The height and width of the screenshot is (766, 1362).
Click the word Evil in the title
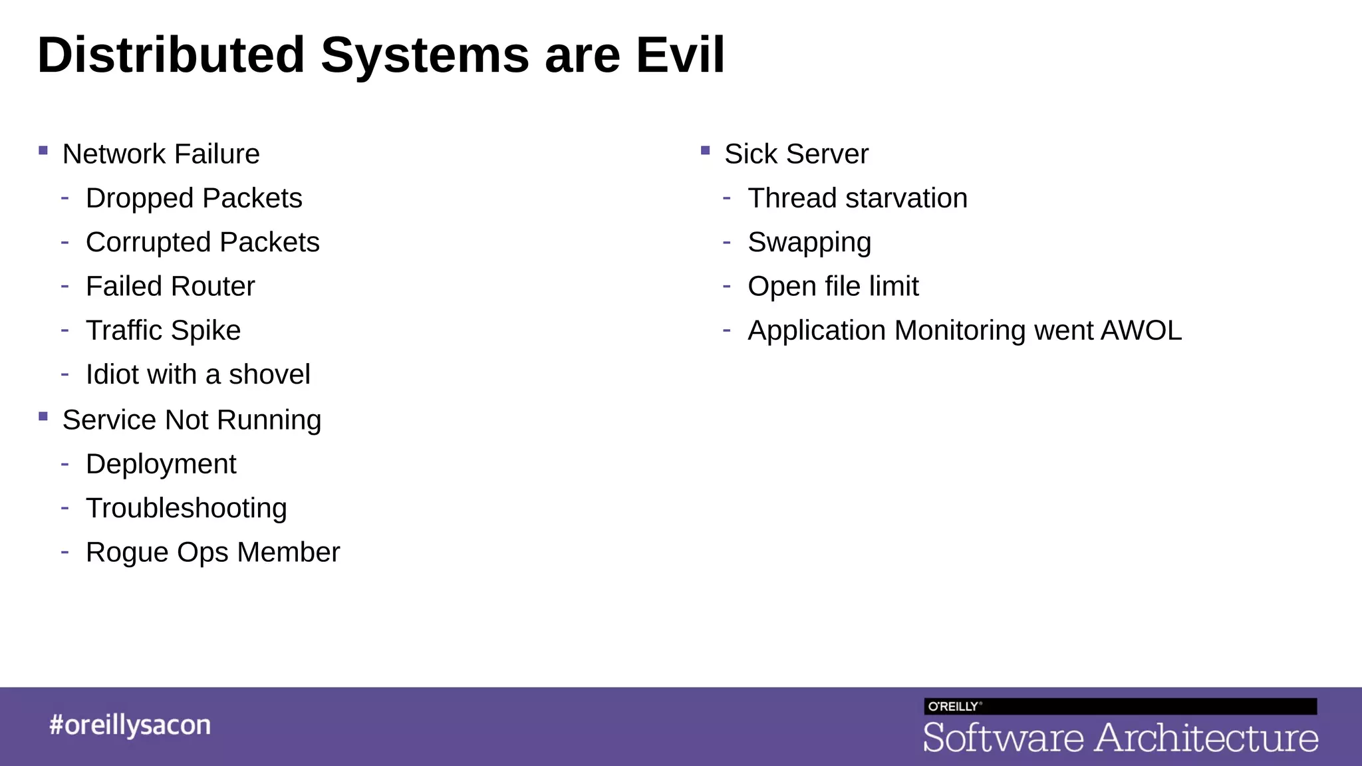680,55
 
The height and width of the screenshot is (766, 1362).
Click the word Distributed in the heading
171,55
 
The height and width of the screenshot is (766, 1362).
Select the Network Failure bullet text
161,154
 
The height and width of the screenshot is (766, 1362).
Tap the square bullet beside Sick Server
706,151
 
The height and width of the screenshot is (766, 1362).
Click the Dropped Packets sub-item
194,198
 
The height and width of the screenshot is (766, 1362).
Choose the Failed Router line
170,287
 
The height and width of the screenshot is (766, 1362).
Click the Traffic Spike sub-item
163,330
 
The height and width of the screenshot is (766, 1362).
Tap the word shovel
269,374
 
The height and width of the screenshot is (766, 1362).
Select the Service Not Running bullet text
192,420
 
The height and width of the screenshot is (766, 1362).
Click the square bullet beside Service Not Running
43,417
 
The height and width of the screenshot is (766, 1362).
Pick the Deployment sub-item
161,464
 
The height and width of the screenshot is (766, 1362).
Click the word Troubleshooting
186,509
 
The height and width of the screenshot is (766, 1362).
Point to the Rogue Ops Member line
213,553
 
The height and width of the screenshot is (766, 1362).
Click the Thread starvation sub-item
857,198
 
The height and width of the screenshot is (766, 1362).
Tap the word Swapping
809,243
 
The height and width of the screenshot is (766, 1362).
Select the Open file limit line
833,287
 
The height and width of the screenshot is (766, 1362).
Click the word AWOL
1141,330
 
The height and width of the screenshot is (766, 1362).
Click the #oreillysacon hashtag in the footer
130,725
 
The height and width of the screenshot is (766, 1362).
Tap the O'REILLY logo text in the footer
953,707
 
